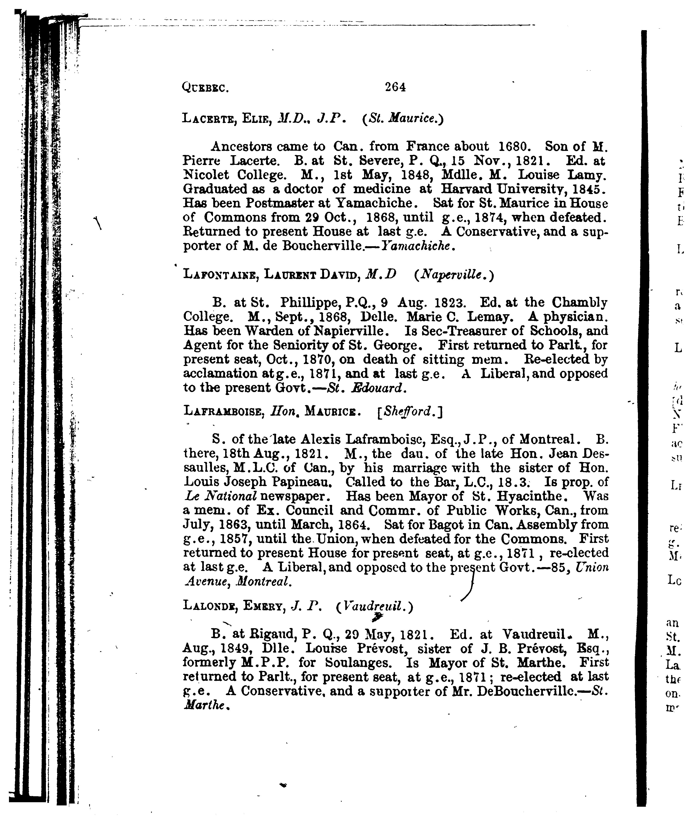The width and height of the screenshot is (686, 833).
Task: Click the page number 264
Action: pos(395,87)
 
